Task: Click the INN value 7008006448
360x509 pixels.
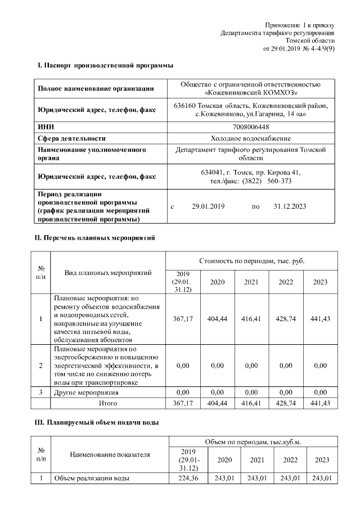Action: click(250, 128)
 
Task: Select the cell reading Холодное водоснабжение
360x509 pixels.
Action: click(250, 138)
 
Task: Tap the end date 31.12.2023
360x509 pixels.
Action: click(290, 206)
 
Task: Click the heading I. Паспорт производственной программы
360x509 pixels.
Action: click(101, 66)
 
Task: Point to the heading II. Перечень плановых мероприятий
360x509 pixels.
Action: click(96, 238)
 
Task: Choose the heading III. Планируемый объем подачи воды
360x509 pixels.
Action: click(97, 423)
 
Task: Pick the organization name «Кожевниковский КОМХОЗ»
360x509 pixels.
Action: click(250, 92)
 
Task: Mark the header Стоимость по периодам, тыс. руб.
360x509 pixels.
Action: click(251, 262)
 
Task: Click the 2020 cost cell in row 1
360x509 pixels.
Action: click(217, 319)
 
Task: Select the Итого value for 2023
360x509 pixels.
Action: click(320, 403)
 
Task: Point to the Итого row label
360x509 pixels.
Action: click(108, 403)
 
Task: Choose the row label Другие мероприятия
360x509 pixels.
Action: click(85, 392)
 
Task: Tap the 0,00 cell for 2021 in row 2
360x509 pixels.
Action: click(251, 366)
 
